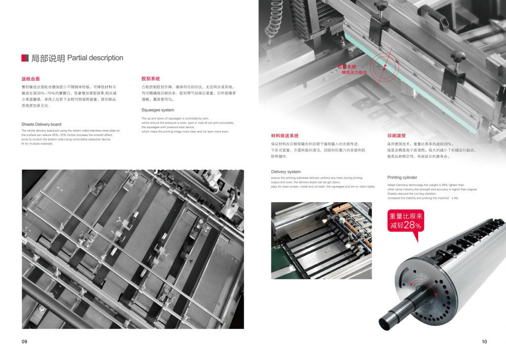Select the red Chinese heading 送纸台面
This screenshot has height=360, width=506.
coord(30,79)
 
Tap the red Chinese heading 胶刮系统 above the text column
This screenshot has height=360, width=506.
coord(151,79)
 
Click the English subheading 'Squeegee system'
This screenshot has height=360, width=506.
coord(158,110)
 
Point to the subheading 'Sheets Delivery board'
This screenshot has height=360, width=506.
coord(42,124)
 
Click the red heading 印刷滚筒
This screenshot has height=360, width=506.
coord(396,135)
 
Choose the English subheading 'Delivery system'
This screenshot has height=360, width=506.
coord(286,172)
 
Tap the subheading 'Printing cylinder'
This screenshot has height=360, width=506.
coord(402,178)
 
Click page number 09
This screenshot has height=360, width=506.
coord(24,342)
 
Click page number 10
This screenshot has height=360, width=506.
coord(484,342)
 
